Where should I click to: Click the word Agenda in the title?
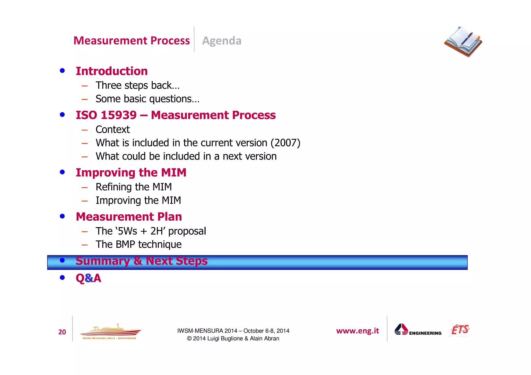[222, 41]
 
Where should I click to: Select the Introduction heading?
[112, 71]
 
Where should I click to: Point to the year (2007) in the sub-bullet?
[285, 143]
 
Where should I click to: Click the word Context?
[113, 129]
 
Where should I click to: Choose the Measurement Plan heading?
[129, 217]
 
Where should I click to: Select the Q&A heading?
[88, 278]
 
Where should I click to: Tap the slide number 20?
[62, 332]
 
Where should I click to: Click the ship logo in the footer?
[111, 332]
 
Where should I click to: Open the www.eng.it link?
[358, 331]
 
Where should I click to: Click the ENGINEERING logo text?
[425, 333]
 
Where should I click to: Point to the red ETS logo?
[460, 330]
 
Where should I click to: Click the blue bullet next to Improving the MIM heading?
[62, 172]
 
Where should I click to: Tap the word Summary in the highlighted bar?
[103, 261]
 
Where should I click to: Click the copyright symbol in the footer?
[189, 339]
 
